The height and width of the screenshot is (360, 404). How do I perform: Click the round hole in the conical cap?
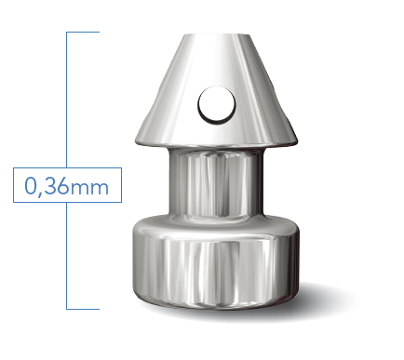[x=217, y=105]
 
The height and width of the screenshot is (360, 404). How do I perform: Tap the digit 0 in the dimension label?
[x=31, y=186]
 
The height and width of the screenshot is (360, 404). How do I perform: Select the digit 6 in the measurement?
[x=63, y=186]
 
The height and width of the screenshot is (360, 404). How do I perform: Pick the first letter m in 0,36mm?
[x=80, y=189]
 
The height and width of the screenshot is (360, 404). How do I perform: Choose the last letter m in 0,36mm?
[x=100, y=189]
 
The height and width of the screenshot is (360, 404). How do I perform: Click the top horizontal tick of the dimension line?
[x=83, y=32]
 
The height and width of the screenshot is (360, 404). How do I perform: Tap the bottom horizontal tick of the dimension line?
[x=83, y=309]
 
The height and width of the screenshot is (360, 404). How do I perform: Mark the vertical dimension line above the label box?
[x=67, y=100]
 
